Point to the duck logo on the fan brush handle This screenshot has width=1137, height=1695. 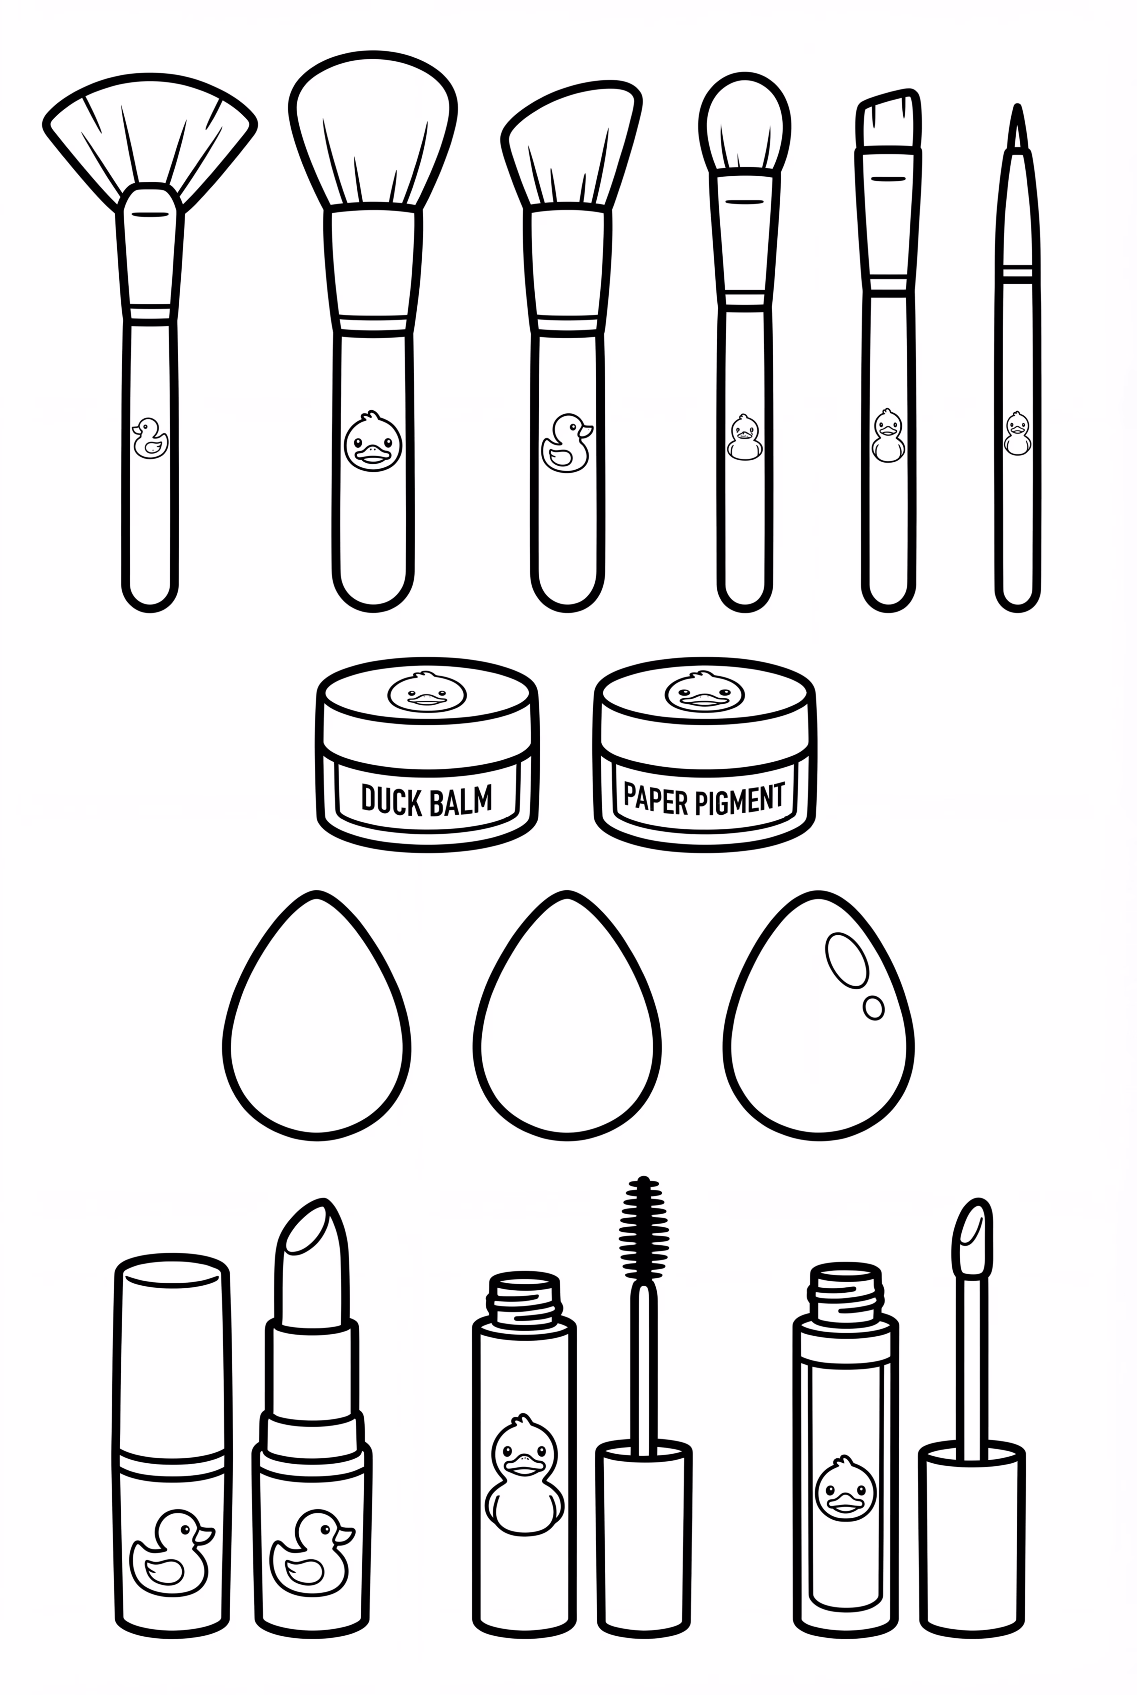[150, 438]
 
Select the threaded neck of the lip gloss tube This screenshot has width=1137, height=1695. [845, 1295]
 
